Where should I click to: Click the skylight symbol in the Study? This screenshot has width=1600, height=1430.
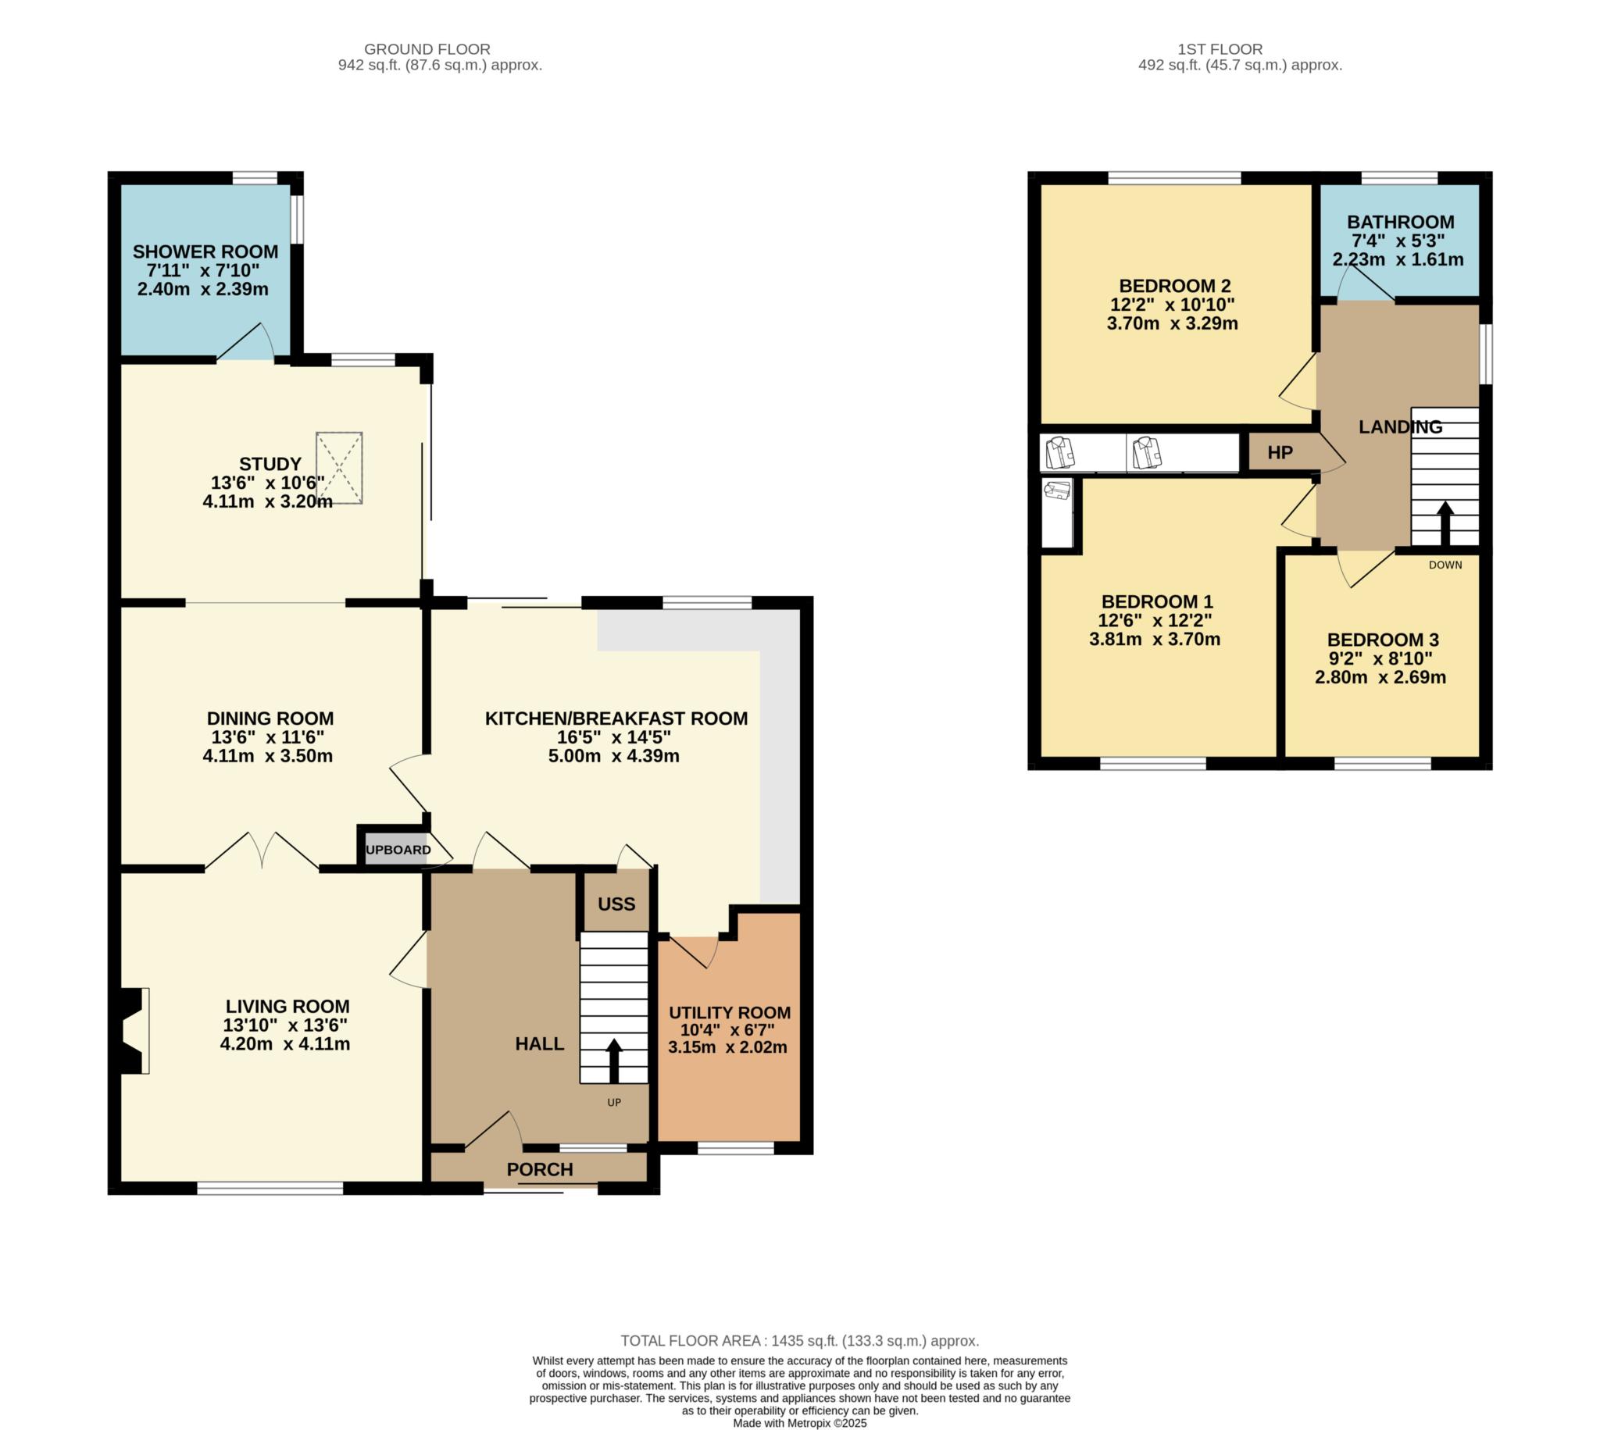click(339, 468)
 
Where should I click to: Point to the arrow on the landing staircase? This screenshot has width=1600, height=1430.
click(1445, 523)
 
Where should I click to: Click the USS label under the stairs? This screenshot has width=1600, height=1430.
click(616, 904)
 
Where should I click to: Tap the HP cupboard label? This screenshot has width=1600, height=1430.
click(1280, 452)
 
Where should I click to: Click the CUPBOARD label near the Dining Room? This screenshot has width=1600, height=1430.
click(398, 850)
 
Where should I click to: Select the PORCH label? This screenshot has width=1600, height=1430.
click(539, 1169)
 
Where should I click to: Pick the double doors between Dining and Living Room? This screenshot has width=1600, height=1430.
click(262, 851)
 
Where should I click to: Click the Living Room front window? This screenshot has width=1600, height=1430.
click(270, 1189)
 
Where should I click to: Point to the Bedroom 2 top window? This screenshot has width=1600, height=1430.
click(1174, 177)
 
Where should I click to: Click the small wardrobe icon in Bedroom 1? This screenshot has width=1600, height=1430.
click(1057, 491)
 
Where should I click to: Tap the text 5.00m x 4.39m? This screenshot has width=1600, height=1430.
click(613, 756)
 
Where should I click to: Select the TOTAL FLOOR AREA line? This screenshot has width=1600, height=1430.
click(799, 1340)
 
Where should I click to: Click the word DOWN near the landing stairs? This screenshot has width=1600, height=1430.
click(1445, 565)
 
